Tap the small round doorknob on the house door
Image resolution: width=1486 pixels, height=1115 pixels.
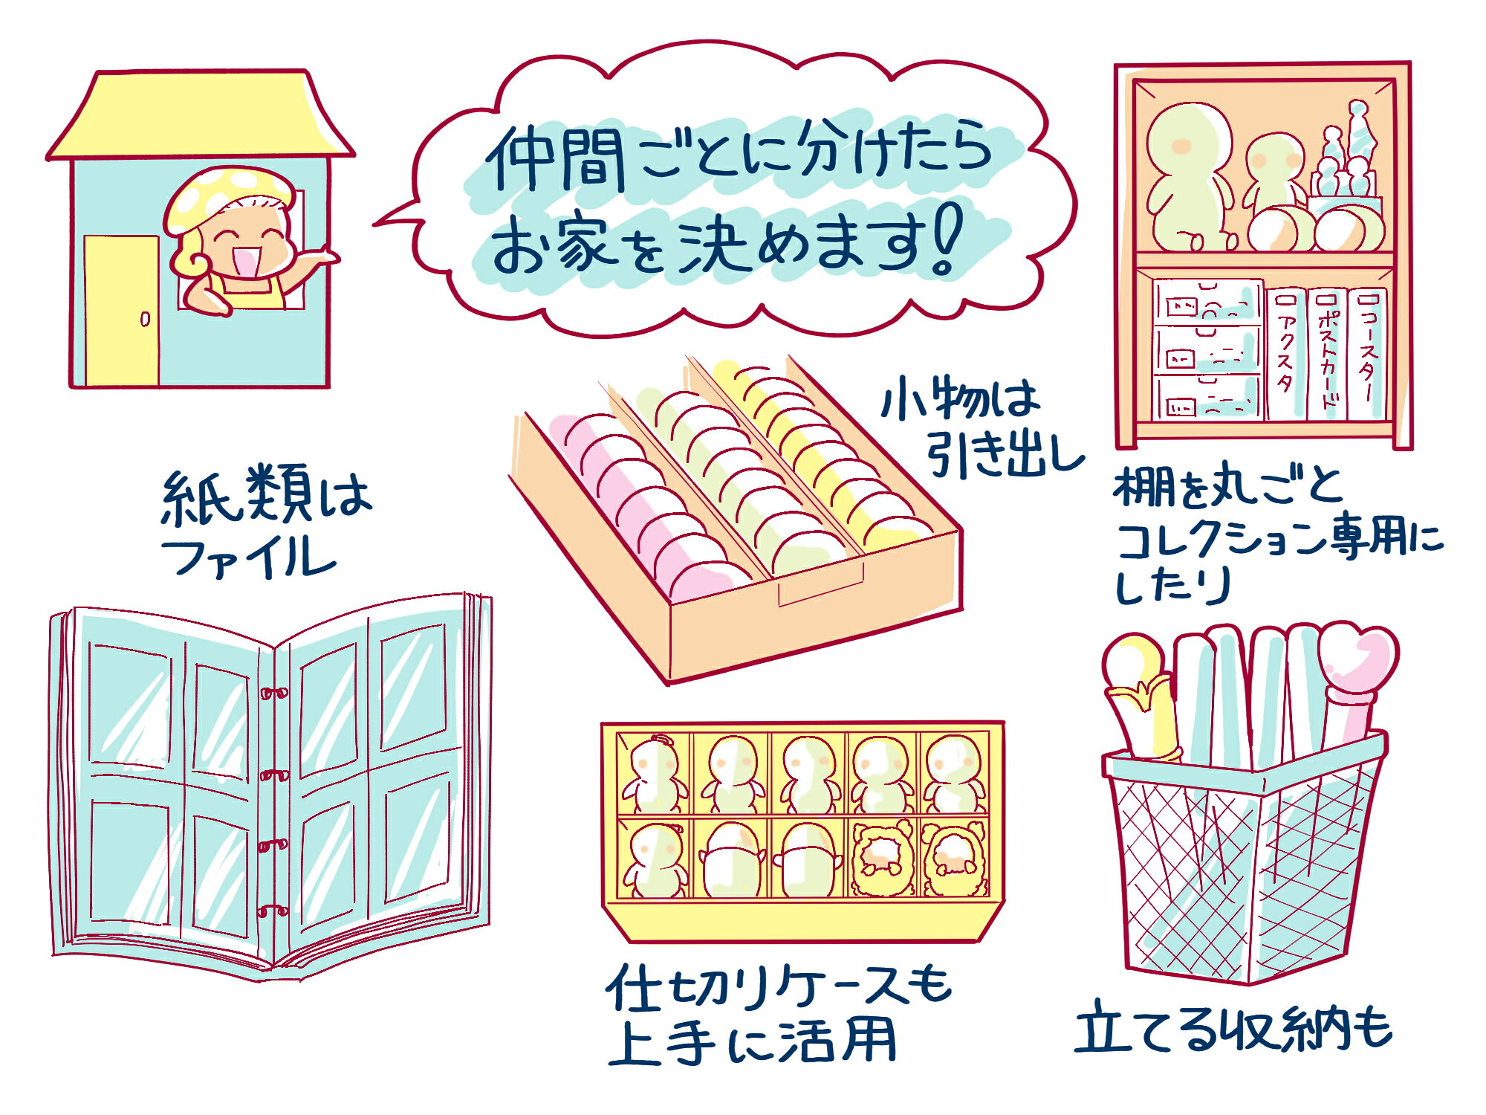point(145,320)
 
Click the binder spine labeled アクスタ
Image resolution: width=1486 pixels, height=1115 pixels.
point(1285,354)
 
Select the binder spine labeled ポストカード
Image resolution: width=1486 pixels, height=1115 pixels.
point(1327,354)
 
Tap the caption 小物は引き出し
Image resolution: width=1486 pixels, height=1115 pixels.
point(981,427)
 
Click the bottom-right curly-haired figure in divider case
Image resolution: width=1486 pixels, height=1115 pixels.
point(954,859)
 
